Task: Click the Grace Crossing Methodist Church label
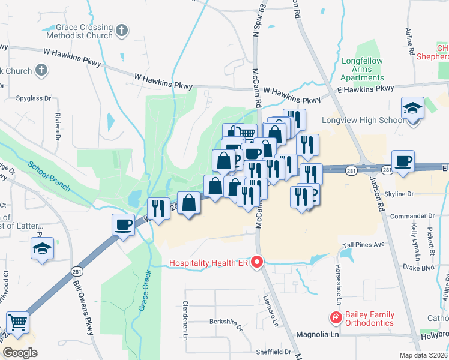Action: point(84,31)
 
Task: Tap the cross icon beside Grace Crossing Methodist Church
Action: point(122,30)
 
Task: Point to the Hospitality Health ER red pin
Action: point(258,262)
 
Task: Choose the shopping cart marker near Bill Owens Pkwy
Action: point(17,322)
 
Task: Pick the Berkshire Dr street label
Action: point(226,321)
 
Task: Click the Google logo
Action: point(20,352)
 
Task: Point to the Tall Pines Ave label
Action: point(363,245)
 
